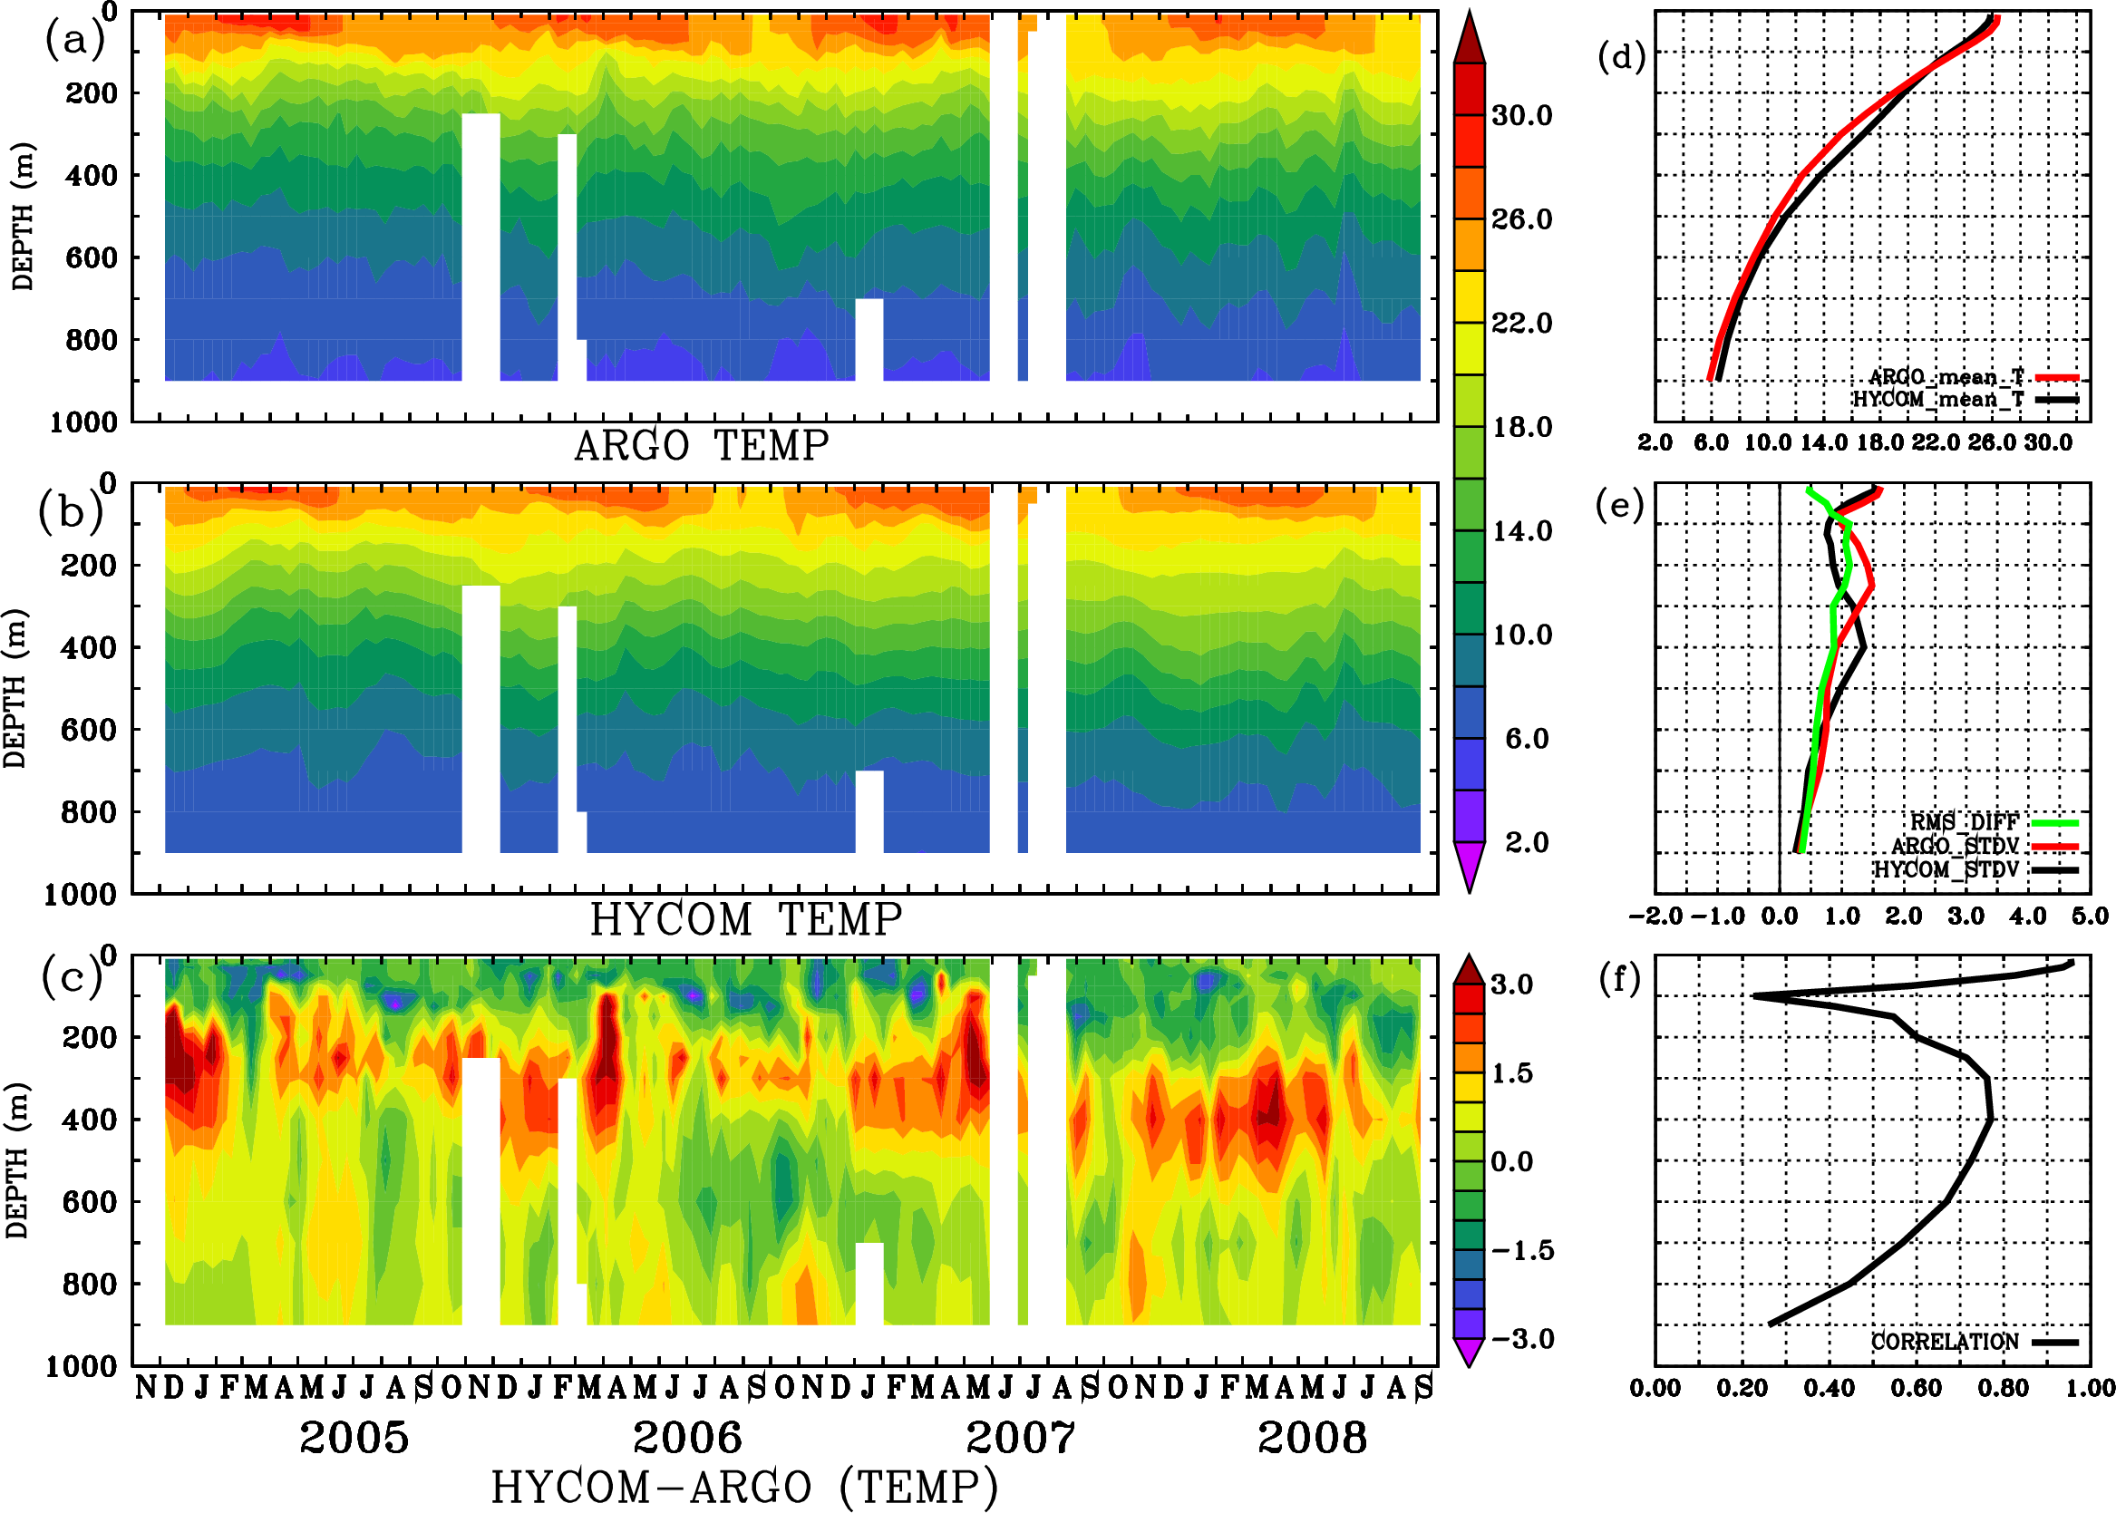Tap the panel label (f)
[x=1619, y=979]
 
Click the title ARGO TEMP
[x=701, y=446]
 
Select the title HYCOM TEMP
[x=746, y=919]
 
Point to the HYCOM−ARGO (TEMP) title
[x=743, y=1487]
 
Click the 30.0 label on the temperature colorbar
[x=1521, y=115]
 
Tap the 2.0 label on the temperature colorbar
[x=1527, y=842]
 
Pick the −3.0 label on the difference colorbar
[x=1521, y=1339]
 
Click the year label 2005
[x=354, y=1438]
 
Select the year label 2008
[x=1312, y=1438]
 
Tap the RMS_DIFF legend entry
[x=1964, y=822]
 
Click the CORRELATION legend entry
[x=1946, y=1342]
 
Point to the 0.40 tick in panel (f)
[x=1829, y=1388]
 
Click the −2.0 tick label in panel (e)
[x=1655, y=917]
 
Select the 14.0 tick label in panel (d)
[x=1822, y=442]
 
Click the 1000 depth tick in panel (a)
[x=83, y=422]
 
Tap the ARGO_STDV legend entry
[x=1955, y=846]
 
